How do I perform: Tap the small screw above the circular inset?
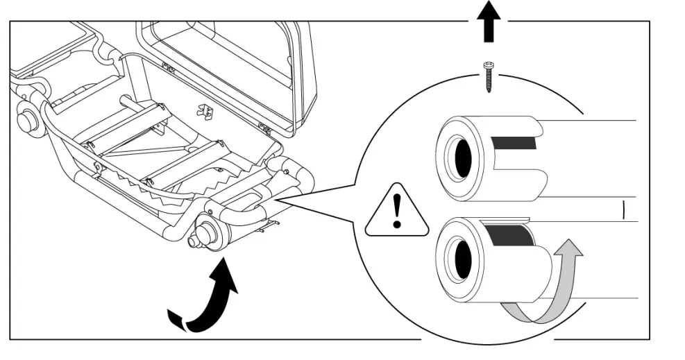489,76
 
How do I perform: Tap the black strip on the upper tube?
514,144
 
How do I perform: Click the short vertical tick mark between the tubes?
624,208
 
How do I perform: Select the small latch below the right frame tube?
271,223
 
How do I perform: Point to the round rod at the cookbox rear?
132,103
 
